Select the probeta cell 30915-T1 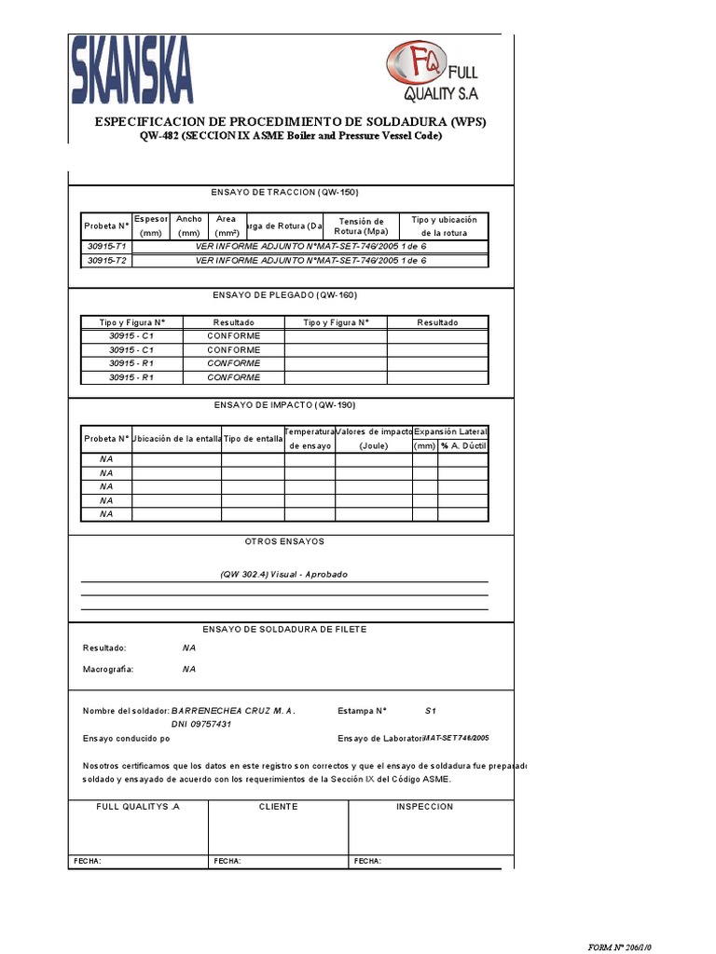click(x=107, y=246)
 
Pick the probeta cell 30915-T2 click(x=107, y=261)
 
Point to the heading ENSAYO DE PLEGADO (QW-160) click(x=284, y=295)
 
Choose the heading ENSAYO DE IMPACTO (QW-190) click(x=284, y=405)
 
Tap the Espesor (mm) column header click(x=151, y=225)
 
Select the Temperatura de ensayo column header click(x=310, y=439)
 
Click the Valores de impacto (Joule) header click(x=373, y=439)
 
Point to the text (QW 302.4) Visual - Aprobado click(x=283, y=575)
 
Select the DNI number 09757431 click(x=201, y=724)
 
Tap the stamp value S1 click(x=431, y=711)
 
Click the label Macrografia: click(x=108, y=669)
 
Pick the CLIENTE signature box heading click(x=278, y=807)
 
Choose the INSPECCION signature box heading click(x=424, y=807)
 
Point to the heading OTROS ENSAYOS click(x=284, y=541)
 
